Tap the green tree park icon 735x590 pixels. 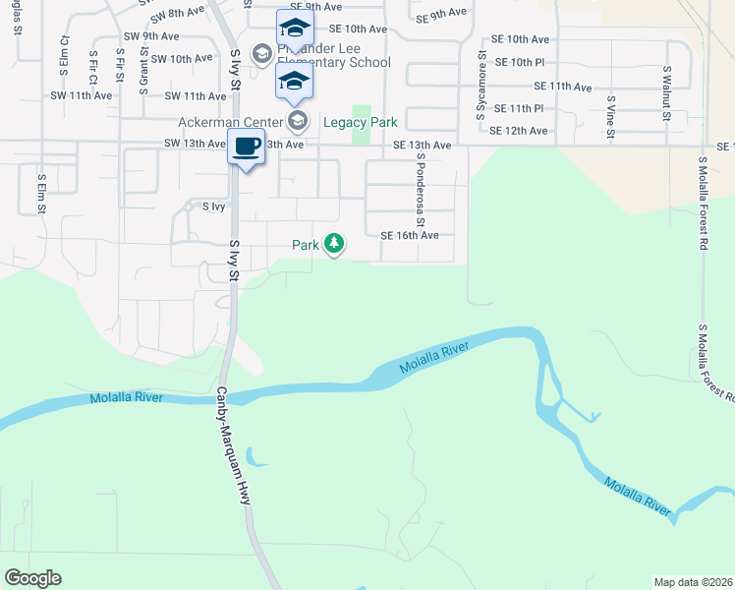334,242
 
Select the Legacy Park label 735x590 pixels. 360,123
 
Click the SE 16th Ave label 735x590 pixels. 409,236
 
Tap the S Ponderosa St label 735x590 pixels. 420,184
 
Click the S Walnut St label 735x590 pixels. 666,93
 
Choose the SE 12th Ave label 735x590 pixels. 518,131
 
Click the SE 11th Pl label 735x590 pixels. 520,107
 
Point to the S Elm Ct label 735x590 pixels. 65,57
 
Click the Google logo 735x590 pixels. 32,578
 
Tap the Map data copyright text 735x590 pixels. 693,582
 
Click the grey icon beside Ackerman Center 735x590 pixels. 298,123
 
